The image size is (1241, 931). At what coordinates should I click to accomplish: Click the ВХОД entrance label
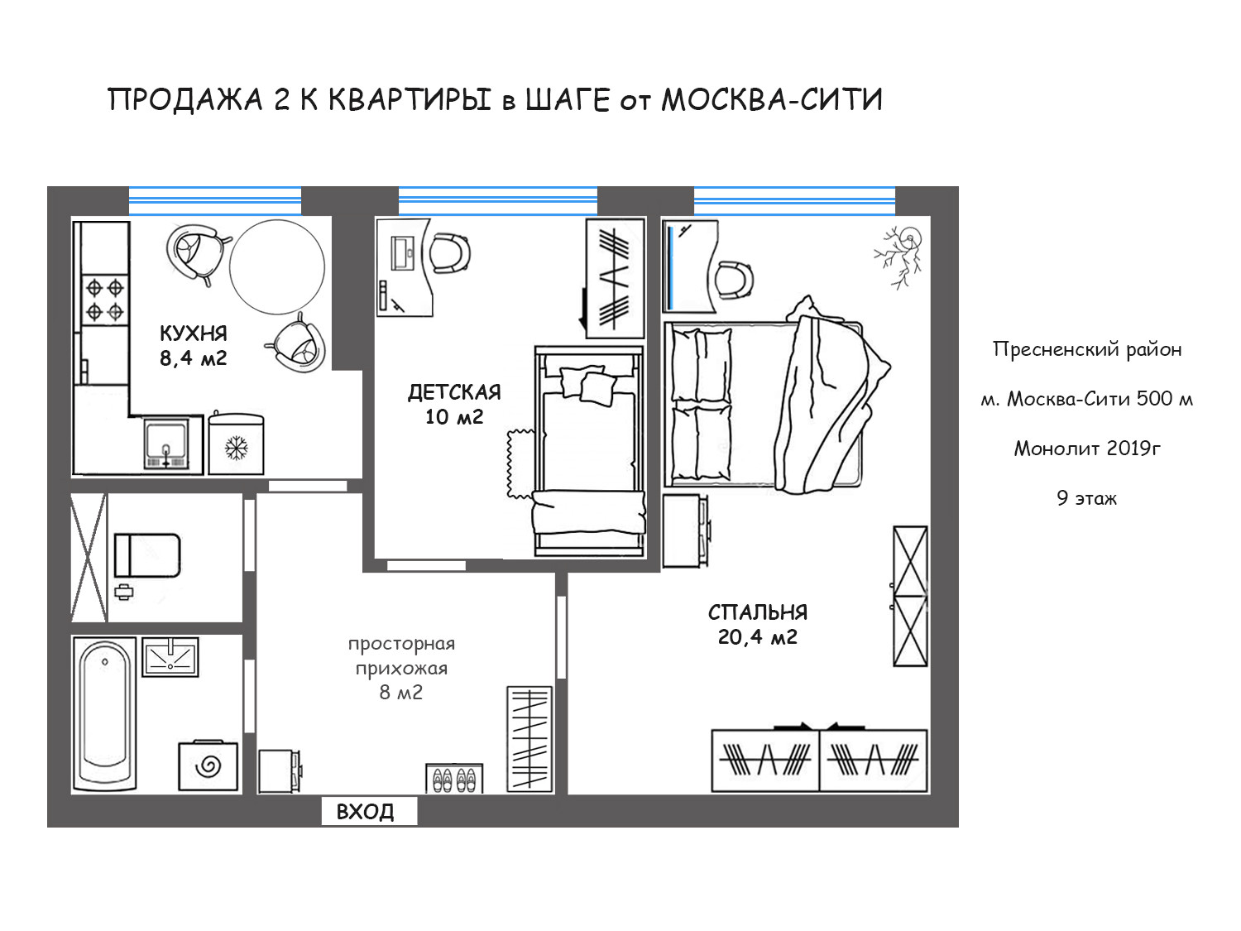point(365,812)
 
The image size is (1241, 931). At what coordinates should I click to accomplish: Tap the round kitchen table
point(277,266)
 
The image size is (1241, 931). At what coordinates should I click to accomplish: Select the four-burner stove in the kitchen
point(104,300)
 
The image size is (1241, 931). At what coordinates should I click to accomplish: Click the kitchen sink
point(165,444)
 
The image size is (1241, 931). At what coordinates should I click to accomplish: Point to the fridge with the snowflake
point(236,444)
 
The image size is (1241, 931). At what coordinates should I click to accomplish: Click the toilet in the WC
point(147,555)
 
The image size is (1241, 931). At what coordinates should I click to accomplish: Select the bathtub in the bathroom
point(104,714)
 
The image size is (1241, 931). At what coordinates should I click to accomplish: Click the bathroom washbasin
point(170,657)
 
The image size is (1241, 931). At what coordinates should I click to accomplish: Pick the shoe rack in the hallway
point(454,779)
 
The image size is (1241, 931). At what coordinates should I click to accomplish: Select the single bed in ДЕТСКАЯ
point(589,451)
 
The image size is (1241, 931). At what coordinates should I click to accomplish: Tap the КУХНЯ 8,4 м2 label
point(194,345)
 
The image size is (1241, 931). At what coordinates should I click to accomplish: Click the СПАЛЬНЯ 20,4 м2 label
point(758,625)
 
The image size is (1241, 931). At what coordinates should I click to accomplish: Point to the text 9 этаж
point(1086,498)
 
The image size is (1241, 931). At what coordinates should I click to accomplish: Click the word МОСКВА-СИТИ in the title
point(772,99)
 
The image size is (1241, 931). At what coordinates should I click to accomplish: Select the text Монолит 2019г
point(1086,449)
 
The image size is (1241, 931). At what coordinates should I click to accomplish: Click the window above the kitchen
point(215,200)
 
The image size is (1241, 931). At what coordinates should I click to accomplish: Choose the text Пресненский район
point(1086,349)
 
